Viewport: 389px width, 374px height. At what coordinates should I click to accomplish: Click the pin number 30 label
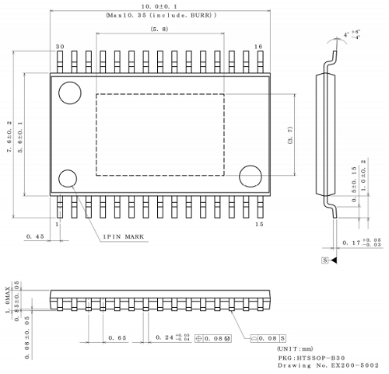point(60,47)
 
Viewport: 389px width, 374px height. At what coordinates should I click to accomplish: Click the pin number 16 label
point(258,47)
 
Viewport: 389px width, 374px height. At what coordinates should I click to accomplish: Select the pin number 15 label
point(258,225)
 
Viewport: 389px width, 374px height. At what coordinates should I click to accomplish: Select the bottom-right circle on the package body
point(251,177)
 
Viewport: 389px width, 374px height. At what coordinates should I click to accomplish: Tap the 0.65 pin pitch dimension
point(117,337)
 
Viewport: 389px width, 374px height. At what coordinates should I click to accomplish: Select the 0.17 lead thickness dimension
point(362,243)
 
